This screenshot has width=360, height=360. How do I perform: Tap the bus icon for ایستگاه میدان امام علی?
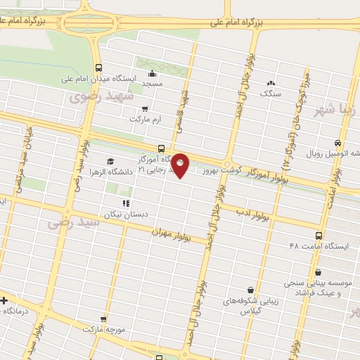click(x=98, y=68)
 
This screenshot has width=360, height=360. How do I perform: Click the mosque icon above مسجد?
click(x=152, y=73)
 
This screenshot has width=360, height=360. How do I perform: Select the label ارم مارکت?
click(x=145, y=120)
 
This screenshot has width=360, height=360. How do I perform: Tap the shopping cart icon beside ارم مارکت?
click(x=145, y=109)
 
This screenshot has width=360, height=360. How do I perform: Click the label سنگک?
click(x=270, y=92)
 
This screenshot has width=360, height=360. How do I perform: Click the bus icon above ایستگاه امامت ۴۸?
click(x=319, y=236)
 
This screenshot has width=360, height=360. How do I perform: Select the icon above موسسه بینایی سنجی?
click(x=319, y=272)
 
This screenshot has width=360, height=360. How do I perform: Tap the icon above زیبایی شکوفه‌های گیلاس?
click(x=250, y=289)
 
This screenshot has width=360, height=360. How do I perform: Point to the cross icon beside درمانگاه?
click(x=5, y=300)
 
